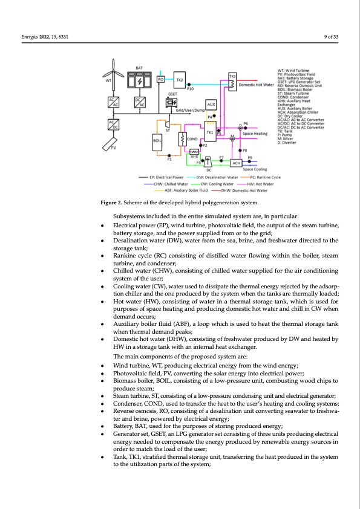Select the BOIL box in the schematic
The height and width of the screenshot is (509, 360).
[x=157, y=143]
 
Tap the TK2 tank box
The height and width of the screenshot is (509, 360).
[x=180, y=79]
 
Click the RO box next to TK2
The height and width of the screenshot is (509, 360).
[x=161, y=79]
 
